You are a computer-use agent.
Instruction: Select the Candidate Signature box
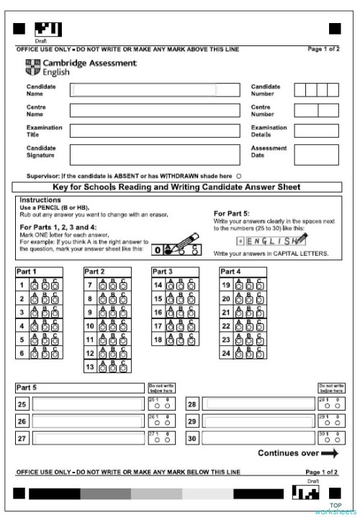[x=154, y=154]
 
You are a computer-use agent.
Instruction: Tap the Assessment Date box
[x=316, y=154]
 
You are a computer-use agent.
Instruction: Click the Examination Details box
[x=316, y=130]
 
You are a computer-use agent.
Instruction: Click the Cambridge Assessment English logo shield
[x=30, y=68]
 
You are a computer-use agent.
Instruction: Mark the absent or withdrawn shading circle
[x=238, y=175]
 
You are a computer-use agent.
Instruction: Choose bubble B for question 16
[x=181, y=313]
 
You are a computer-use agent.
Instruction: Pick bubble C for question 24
[x=261, y=354]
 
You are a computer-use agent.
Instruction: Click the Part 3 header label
[x=162, y=272]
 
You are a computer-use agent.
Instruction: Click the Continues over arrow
[x=329, y=453]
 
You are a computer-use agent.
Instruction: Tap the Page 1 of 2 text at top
[x=323, y=49]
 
